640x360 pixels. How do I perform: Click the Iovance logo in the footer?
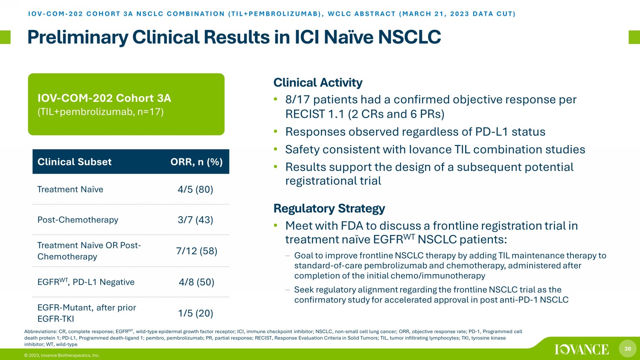[x=582, y=349]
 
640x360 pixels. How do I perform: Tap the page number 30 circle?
[x=628, y=348]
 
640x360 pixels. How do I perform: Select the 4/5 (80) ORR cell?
[x=195, y=189]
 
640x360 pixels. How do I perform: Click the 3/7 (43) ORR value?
[x=195, y=220]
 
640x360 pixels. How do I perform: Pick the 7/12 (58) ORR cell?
[x=197, y=251]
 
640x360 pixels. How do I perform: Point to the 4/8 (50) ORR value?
[x=196, y=282]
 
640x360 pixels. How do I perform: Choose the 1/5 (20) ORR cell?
[x=196, y=313]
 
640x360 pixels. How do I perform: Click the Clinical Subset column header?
[x=74, y=162]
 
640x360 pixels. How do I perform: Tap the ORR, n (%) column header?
[x=196, y=162]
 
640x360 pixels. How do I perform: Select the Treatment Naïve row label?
[x=70, y=189]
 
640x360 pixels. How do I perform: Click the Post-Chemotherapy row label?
[x=78, y=220]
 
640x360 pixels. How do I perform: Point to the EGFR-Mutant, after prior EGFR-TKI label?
[x=87, y=313]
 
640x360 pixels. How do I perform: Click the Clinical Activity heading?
[x=318, y=83]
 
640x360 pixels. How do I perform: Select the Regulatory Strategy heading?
[x=329, y=208]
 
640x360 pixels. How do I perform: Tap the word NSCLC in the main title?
[x=410, y=37]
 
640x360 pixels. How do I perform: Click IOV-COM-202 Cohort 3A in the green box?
[x=104, y=98]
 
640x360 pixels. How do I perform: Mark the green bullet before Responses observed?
[x=276, y=131]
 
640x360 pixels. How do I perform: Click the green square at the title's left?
[x=5, y=37]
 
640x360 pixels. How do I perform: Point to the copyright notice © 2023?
[x=62, y=355]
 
